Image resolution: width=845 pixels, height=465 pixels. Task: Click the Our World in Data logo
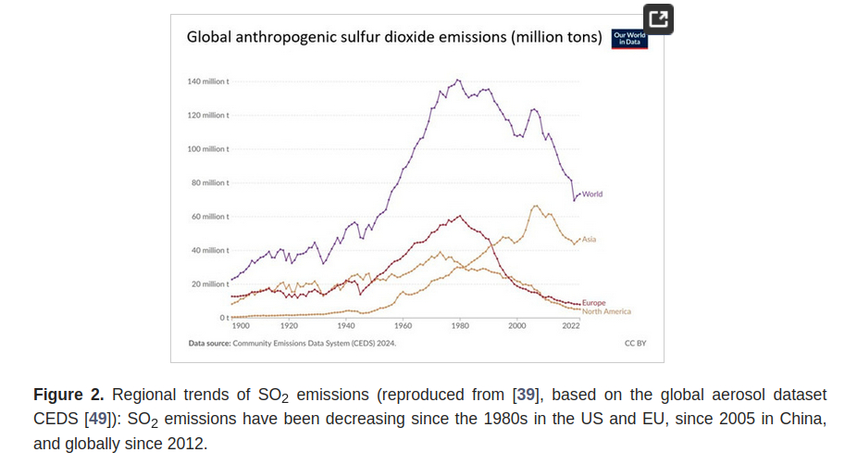tap(630, 38)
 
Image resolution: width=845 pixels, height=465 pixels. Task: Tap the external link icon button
tap(658, 19)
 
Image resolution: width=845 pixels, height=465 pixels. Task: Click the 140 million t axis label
tap(208, 82)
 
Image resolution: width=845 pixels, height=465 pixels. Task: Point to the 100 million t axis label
tap(208, 149)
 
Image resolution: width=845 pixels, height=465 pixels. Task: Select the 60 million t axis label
tap(210, 217)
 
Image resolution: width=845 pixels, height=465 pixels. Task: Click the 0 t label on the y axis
tap(223, 318)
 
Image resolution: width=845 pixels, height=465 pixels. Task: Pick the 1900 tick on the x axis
tap(241, 326)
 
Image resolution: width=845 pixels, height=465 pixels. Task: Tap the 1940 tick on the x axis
tap(346, 326)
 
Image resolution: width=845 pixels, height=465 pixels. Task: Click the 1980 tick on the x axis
tap(460, 326)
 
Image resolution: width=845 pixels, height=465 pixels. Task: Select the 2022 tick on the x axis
tap(571, 326)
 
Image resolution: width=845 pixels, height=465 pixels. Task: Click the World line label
tap(592, 194)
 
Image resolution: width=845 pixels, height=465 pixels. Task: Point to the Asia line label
tap(589, 240)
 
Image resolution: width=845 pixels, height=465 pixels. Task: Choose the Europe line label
tap(593, 303)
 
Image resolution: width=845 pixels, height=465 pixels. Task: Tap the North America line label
tap(606, 311)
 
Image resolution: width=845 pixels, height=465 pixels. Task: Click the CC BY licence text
tap(635, 343)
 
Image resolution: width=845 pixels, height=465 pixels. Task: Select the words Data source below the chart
tap(209, 343)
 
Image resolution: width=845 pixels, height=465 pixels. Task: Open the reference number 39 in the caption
tap(526, 395)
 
